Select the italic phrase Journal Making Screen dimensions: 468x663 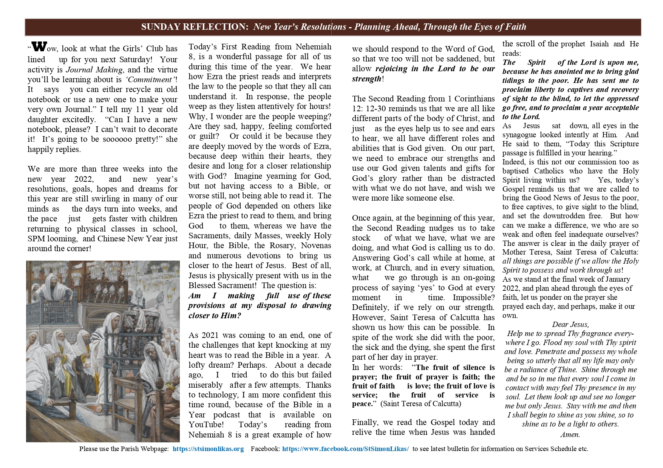(x=94, y=70)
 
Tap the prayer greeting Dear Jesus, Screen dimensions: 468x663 (x=570, y=325)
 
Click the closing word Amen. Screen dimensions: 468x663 (x=570, y=434)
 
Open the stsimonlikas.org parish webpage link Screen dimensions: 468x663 (x=208, y=449)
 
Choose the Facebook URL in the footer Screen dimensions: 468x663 (x=345, y=449)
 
